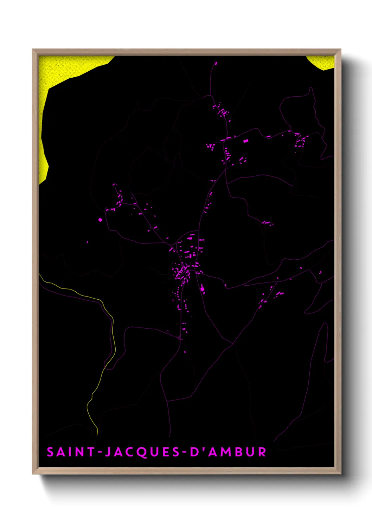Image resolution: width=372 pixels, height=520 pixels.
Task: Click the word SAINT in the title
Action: click(70, 452)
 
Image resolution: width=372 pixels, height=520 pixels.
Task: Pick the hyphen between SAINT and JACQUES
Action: click(100, 452)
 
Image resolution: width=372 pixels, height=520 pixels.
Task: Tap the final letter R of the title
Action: click(262, 452)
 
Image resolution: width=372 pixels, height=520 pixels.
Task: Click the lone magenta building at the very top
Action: click(216, 64)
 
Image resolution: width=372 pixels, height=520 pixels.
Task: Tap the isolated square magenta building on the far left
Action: click(100, 220)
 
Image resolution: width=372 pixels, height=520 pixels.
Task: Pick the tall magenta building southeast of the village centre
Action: click(202, 289)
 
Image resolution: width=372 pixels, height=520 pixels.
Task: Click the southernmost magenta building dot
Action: click(185, 352)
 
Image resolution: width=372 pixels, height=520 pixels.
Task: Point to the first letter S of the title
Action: click(50, 452)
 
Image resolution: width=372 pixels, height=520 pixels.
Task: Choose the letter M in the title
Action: click(224, 452)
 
